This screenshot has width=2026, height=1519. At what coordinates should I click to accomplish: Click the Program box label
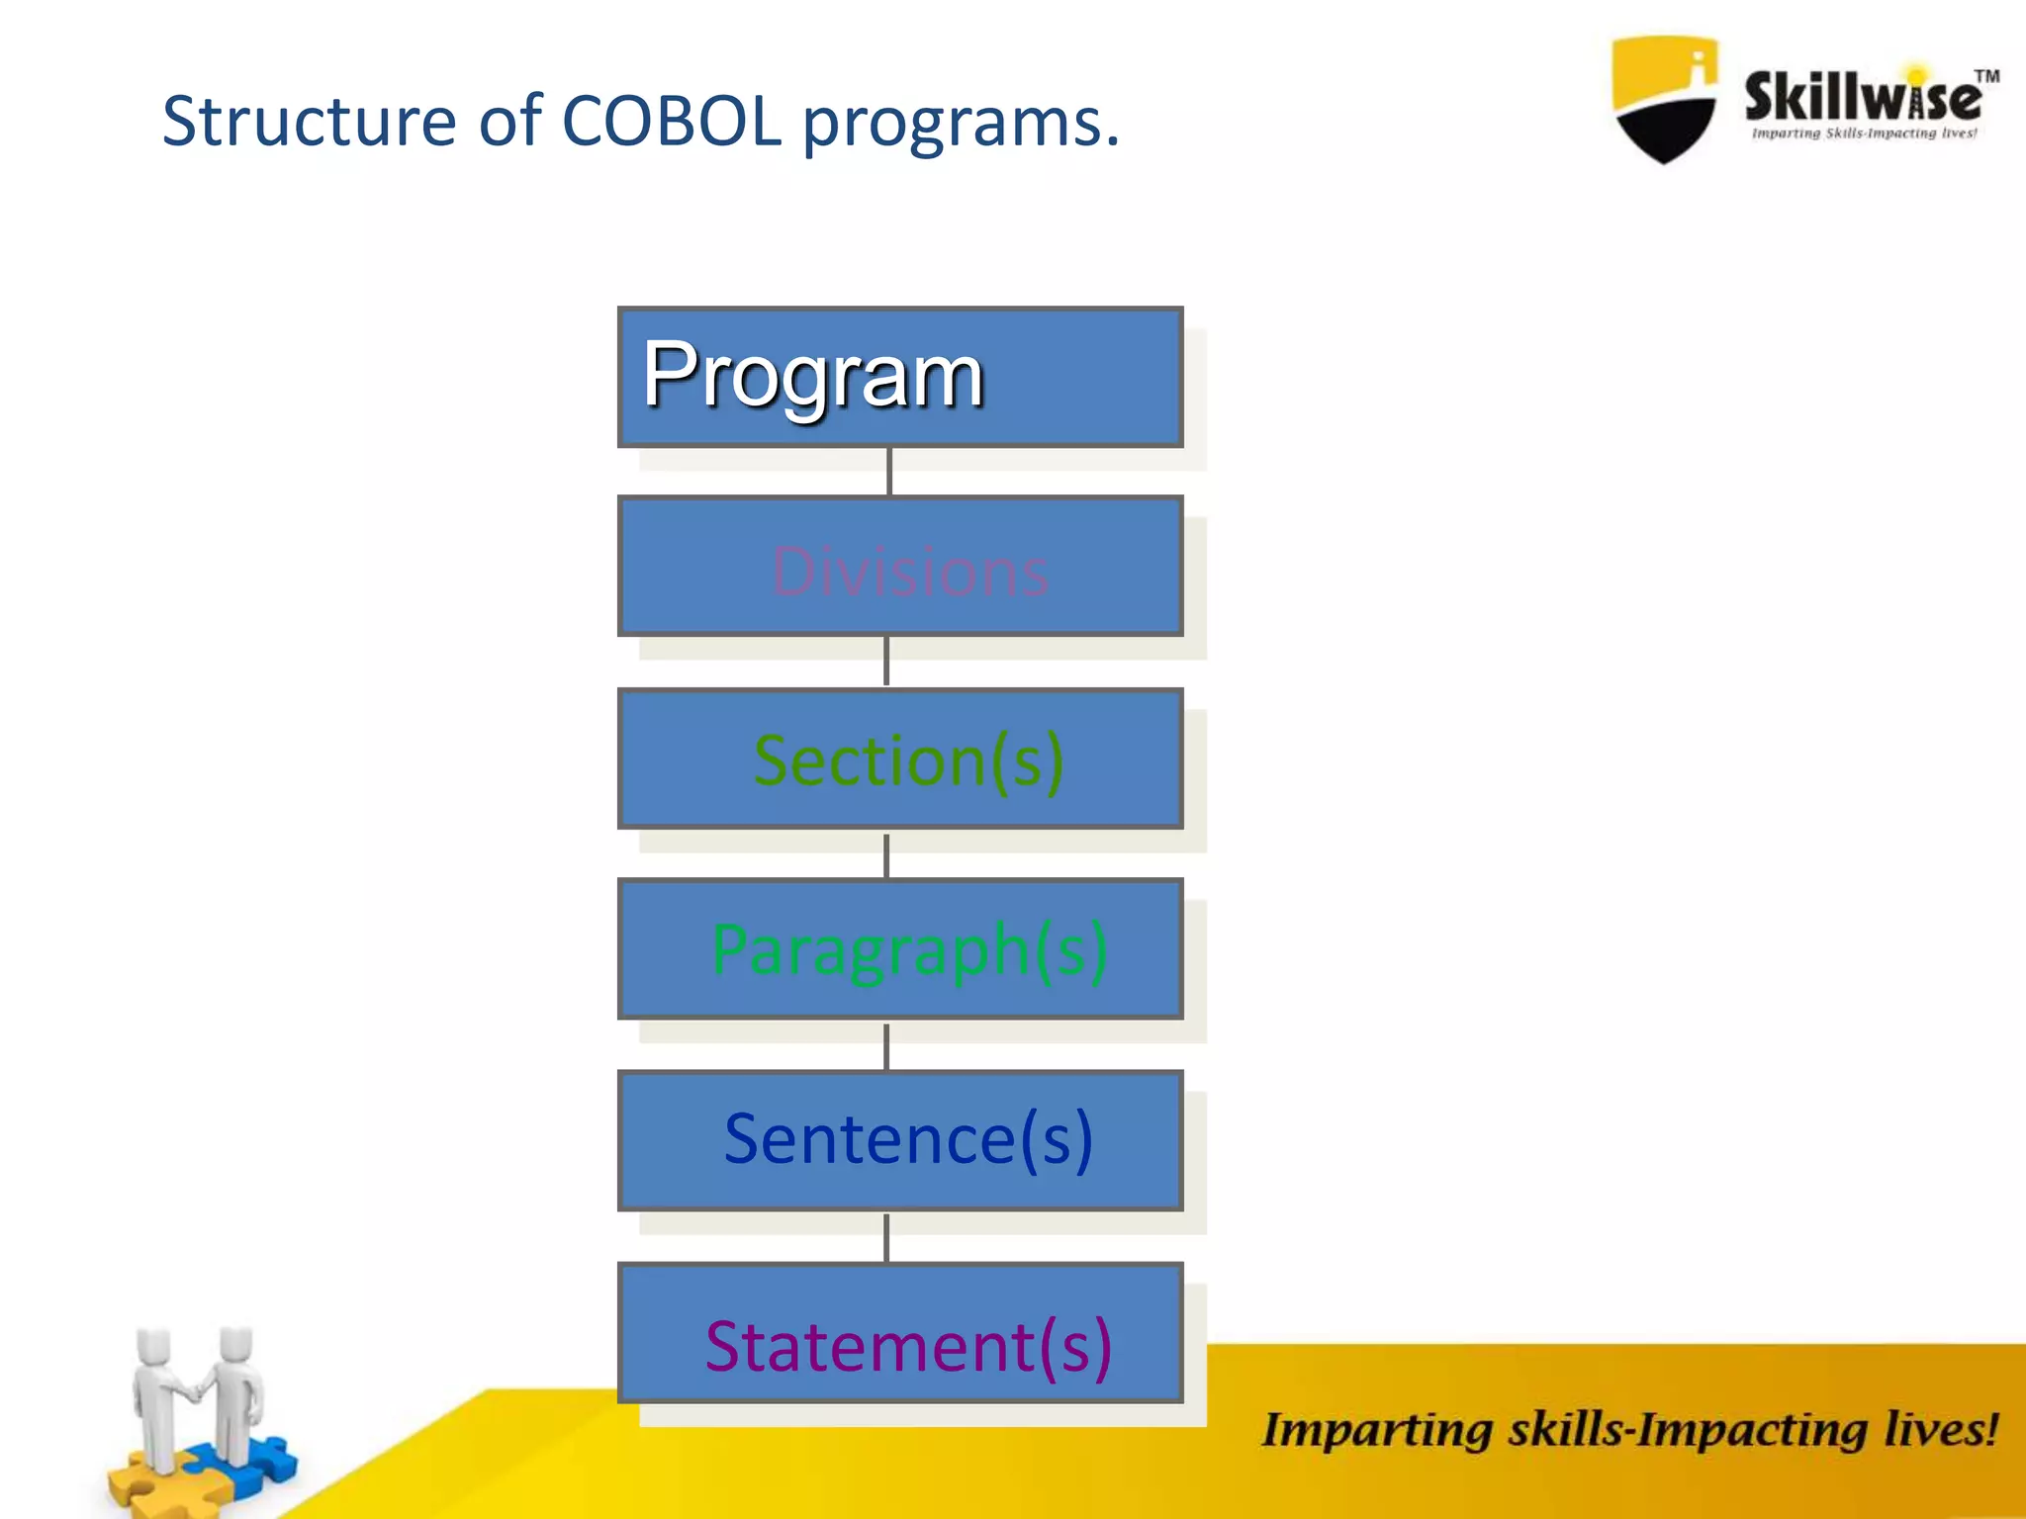point(812,377)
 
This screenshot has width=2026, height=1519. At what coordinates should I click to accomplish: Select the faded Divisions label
point(909,572)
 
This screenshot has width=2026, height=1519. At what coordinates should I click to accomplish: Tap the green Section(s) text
point(908,761)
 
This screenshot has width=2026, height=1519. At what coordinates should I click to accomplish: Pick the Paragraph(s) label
point(909,950)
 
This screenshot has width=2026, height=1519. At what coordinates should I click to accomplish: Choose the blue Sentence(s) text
point(908,1139)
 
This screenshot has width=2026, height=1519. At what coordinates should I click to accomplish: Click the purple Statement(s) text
point(908,1347)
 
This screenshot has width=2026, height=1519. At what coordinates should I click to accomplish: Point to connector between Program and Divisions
point(889,472)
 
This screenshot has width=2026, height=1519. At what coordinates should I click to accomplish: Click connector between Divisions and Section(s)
point(886,661)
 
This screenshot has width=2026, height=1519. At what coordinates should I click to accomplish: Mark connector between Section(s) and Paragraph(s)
point(886,854)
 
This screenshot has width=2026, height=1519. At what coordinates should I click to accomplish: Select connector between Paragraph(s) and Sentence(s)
point(886,1046)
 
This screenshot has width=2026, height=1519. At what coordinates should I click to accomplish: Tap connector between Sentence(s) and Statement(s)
point(886,1237)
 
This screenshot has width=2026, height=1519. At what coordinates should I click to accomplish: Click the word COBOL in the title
point(672,122)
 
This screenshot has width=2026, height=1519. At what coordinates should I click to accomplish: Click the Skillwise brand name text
point(1861,97)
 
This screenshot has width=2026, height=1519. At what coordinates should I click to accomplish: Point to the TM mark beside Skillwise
point(1986,76)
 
